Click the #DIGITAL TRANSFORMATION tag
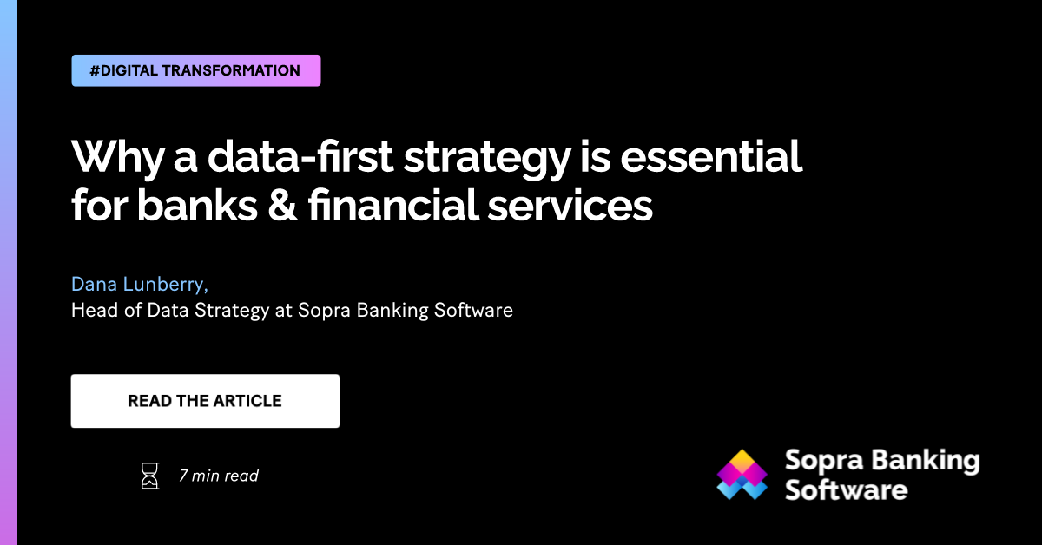(x=195, y=70)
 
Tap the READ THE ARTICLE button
(x=205, y=401)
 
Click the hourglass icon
(x=151, y=476)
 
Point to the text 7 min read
(x=218, y=476)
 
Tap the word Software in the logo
(x=846, y=489)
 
